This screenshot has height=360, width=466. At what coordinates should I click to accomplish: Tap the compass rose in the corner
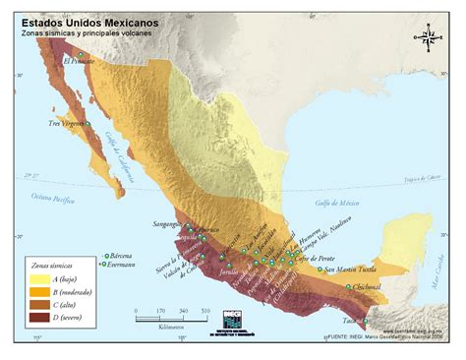pos(429,38)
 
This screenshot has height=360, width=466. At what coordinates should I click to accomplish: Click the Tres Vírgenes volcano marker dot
pos(87,124)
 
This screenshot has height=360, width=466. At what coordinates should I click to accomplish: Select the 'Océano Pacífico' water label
pos(53,199)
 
